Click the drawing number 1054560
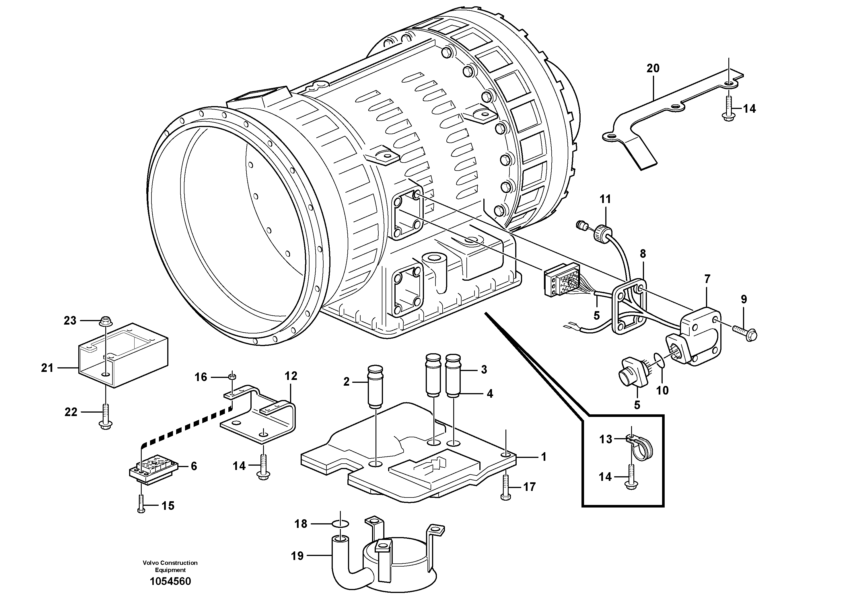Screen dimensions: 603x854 click(170, 581)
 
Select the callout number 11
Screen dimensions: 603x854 click(605, 199)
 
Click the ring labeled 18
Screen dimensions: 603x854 click(340, 524)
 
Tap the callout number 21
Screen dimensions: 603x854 click(47, 368)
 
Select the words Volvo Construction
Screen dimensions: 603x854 click(170, 563)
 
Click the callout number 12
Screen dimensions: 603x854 click(291, 376)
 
